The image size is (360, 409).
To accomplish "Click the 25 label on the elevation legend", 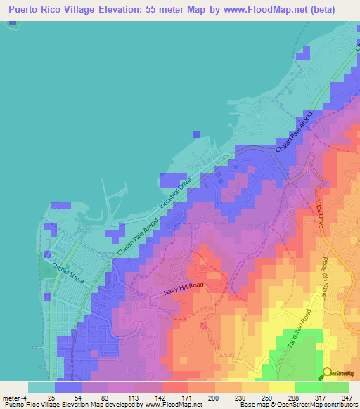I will click(52, 398).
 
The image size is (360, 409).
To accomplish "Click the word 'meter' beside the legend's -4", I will click(12, 398).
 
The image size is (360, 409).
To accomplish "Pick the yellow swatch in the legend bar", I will click(282, 387).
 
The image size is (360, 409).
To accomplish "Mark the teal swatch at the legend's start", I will click(41, 387).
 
